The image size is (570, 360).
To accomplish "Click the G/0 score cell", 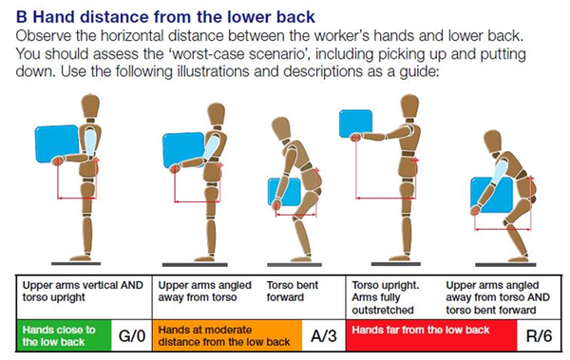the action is click(132, 335).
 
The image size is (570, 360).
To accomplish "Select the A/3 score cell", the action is click(324, 335).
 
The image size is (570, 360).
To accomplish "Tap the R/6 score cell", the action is click(539, 335).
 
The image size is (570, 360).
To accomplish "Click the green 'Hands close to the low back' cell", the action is click(64, 335).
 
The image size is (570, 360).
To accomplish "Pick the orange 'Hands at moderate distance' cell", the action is click(227, 335).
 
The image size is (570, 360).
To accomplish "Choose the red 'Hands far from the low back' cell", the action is click(431, 335).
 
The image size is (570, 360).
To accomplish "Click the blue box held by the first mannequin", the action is click(57, 144).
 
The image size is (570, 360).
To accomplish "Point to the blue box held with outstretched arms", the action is click(355, 123).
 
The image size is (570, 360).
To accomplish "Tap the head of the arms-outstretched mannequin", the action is click(409, 105).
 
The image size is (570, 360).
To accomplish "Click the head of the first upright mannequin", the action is click(90, 105).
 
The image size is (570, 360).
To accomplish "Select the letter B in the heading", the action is click(22, 17).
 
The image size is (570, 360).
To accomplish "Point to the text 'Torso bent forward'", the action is click(293, 292).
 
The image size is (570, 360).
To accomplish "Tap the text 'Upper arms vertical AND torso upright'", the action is click(83, 292).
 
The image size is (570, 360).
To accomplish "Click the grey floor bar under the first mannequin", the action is click(76, 263).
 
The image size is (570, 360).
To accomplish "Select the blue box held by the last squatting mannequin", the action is click(492, 195).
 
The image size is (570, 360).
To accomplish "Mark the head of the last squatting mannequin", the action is click(492, 142).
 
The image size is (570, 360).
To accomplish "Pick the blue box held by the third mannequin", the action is click(285, 192).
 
